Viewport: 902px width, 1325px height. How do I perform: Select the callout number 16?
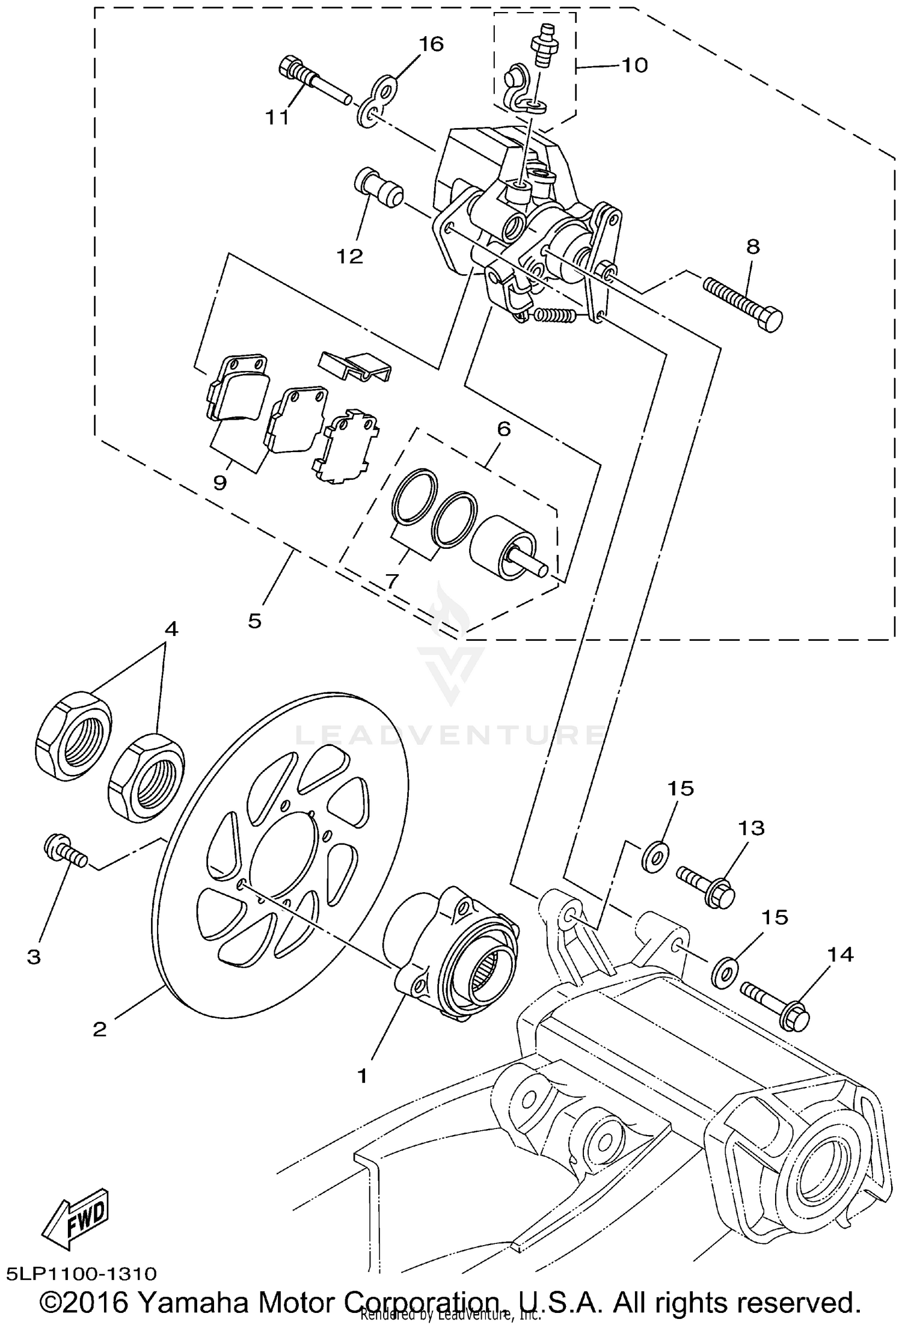click(431, 44)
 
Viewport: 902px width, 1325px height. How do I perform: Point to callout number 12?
click(350, 256)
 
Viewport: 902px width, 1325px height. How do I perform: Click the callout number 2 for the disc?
click(99, 1029)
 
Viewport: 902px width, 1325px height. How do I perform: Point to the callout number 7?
click(391, 581)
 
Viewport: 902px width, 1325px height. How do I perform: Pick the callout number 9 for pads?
click(220, 482)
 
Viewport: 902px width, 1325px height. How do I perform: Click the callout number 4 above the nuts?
click(171, 629)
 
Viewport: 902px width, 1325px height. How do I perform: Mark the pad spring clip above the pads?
click(355, 366)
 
